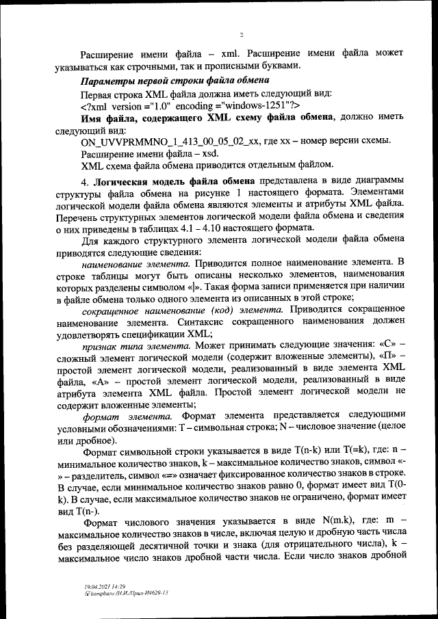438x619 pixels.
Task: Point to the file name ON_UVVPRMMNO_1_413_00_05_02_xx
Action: (170, 141)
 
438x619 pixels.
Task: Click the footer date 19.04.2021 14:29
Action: (99, 586)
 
